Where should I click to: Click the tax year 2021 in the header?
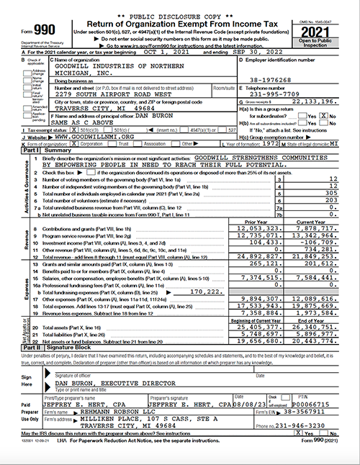(336, 28)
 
